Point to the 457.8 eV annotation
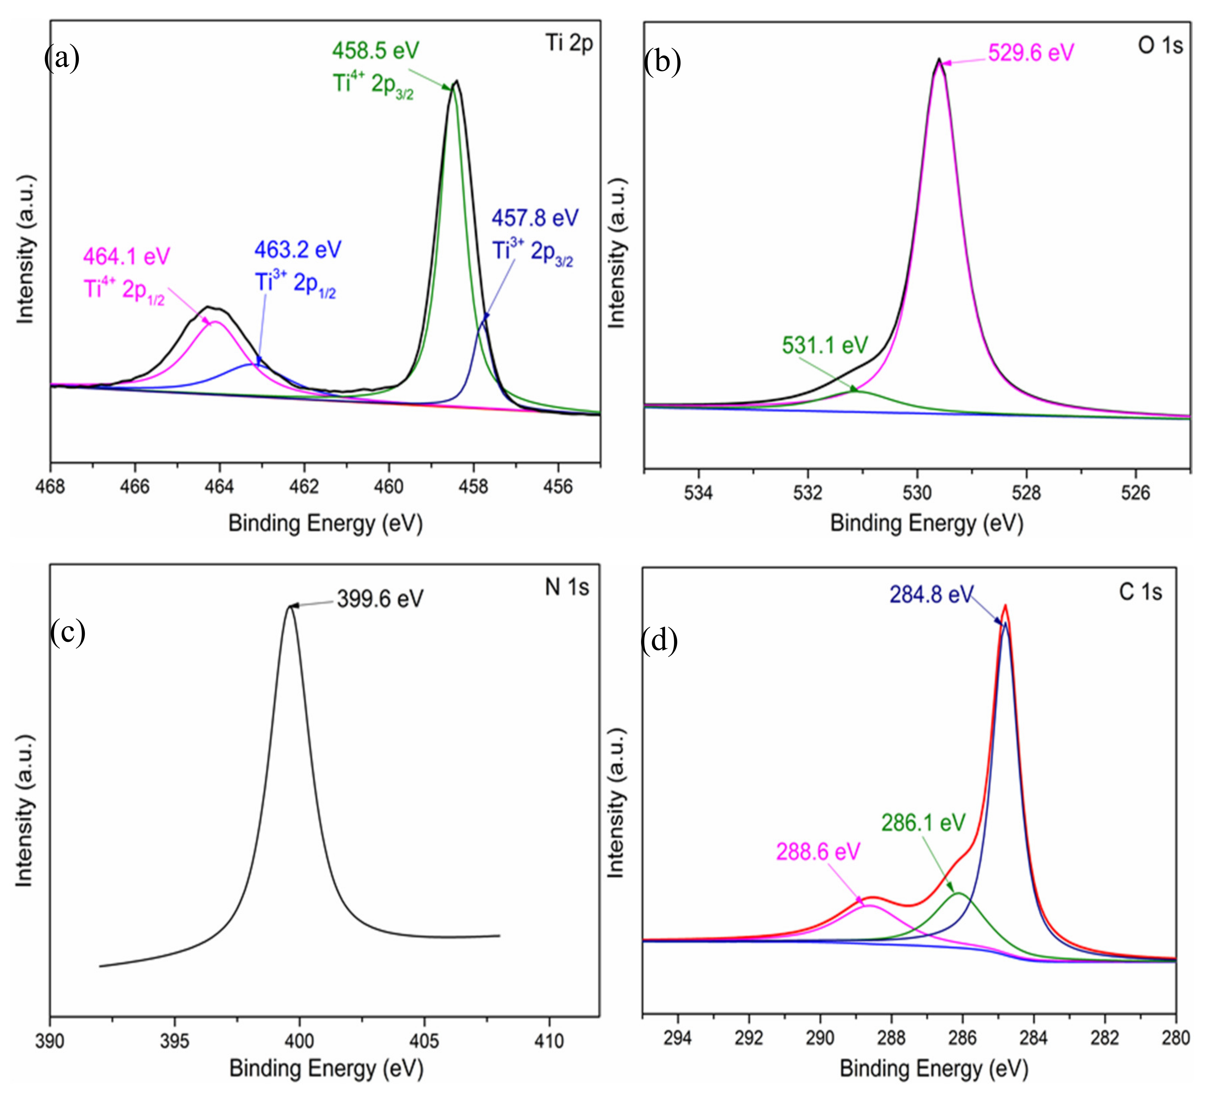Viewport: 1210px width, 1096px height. (x=535, y=218)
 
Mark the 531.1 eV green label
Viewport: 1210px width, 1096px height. (x=825, y=345)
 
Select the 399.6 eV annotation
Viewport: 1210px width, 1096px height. (x=380, y=598)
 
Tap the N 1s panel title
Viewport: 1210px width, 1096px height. (x=567, y=587)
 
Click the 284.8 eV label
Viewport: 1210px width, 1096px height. (x=930, y=594)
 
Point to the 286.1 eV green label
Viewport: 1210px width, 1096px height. (x=923, y=822)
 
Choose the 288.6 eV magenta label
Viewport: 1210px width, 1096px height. (x=818, y=851)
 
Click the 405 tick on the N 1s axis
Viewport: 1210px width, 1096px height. (x=425, y=1040)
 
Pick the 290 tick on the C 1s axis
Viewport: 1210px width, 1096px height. (x=820, y=1038)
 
